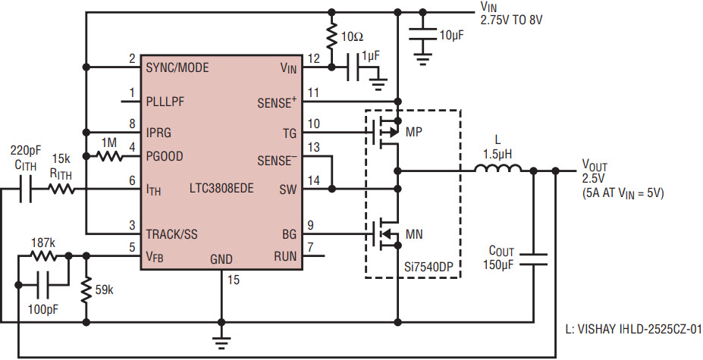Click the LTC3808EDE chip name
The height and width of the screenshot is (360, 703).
coord(221,188)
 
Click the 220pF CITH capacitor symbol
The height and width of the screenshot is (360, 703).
coord(25,190)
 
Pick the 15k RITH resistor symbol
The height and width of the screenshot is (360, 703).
coord(62,190)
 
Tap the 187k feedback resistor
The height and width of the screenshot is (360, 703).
coord(43,256)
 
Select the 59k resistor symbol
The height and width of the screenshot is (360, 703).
coord(86,290)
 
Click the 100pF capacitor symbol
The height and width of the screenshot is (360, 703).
coord(43,285)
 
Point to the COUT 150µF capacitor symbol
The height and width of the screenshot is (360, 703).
coord(534,258)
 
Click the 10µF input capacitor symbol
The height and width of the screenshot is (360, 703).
coord(422,35)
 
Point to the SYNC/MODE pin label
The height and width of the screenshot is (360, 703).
coord(177,67)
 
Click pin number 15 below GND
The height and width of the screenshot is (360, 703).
coord(233,280)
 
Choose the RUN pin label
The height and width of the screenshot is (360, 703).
coord(286,256)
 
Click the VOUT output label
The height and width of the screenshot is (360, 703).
coord(595,165)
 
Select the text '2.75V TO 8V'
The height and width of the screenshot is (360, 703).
coord(512,20)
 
